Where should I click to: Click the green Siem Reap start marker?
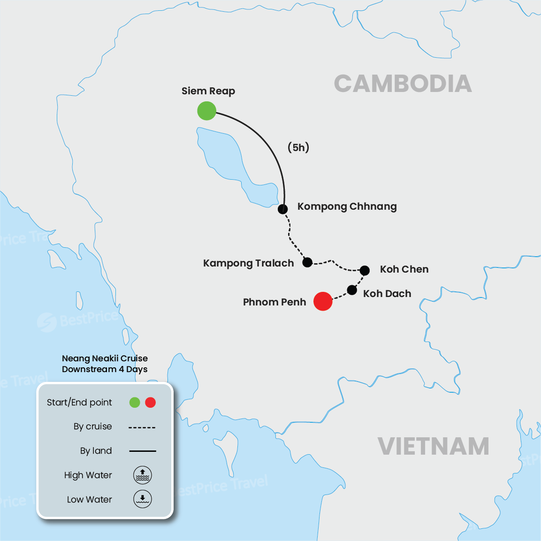click(x=206, y=111)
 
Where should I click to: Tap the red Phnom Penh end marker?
click(x=323, y=301)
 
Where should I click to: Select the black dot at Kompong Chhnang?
click(x=282, y=209)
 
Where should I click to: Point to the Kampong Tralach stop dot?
click(x=307, y=262)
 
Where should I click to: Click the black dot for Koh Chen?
click(x=365, y=270)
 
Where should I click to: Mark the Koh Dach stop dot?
click(x=352, y=290)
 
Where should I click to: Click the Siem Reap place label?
click(x=208, y=91)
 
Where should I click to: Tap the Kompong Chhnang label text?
click(x=347, y=206)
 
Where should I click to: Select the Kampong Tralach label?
click(x=248, y=263)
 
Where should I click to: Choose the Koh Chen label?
click(x=404, y=269)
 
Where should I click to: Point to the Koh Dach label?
click(x=387, y=294)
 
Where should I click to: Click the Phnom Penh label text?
click(x=274, y=302)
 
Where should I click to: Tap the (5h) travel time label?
click(x=298, y=147)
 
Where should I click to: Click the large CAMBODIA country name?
click(x=403, y=84)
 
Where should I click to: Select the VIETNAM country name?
click(x=433, y=446)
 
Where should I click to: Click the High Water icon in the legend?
click(x=142, y=475)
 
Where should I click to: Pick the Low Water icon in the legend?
click(x=142, y=499)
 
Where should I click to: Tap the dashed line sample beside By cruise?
click(x=142, y=427)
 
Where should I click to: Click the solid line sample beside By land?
click(x=142, y=451)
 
